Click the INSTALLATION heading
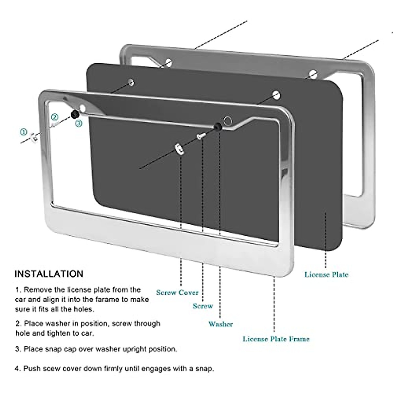coord(49,274)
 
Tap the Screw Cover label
coord(177,292)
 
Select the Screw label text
coord(203,306)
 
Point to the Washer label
coord(220,324)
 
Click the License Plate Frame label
coord(276,339)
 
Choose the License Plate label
coord(326,274)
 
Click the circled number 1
coord(23,132)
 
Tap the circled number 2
coord(54,117)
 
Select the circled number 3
coord(78,123)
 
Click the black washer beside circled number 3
coord(75,114)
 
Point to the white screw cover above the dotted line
coord(179,149)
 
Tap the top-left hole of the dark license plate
coord(131,82)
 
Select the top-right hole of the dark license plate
coord(276,96)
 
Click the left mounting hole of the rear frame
coord(168,62)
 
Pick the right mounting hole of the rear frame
coord(313,74)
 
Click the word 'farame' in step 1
coord(106,299)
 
